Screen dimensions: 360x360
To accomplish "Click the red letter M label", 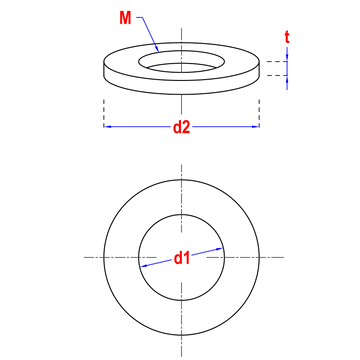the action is (x=125, y=18).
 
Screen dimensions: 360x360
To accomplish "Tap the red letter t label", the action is (x=287, y=37).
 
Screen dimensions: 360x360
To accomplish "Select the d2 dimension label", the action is (x=182, y=127).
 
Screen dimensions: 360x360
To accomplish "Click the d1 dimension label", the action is (x=182, y=258).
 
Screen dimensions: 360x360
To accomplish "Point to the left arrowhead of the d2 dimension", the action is (x=107, y=127).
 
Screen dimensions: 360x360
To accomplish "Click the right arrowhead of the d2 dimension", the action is (x=256, y=127).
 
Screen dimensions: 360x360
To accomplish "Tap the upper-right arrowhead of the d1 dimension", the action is (x=219, y=249).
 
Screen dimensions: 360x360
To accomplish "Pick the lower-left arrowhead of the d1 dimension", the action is (x=144, y=266).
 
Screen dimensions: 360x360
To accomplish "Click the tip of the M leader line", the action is (x=159, y=52).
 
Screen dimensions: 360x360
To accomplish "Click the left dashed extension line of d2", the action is (x=104, y=113).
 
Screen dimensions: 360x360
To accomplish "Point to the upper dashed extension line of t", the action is (x=277, y=62).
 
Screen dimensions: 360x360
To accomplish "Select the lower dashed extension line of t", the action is (x=277, y=75).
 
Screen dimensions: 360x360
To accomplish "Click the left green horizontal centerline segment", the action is (x=120, y=257).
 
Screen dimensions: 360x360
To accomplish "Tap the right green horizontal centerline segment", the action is (x=245, y=257).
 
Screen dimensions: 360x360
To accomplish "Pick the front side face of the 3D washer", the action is (x=181, y=86).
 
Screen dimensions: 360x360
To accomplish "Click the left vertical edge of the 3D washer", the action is (x=104, y=69).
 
